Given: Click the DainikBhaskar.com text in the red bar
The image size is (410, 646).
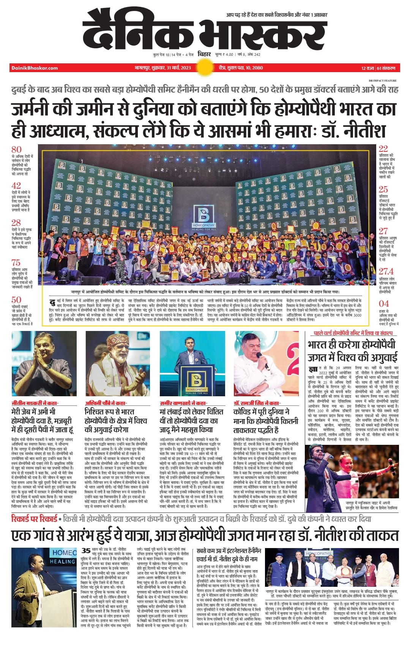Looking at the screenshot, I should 35,68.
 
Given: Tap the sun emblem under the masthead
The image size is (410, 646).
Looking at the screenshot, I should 205,68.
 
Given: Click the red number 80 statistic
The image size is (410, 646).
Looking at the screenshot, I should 16,149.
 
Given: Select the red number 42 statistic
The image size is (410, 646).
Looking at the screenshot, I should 16,186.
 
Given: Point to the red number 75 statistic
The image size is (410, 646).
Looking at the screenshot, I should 16,262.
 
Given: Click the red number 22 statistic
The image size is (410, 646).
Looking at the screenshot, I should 383,148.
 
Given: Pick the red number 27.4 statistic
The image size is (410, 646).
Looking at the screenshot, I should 386,271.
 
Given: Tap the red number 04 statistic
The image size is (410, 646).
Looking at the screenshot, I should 384,304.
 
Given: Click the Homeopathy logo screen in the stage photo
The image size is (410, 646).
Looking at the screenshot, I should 205,218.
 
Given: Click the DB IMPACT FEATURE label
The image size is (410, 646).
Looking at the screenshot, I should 382,80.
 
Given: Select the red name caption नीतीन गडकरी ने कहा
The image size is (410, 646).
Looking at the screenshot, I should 35,403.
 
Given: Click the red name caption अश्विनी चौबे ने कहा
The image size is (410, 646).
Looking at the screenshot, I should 106,403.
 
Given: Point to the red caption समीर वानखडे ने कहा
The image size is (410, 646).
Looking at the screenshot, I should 183,403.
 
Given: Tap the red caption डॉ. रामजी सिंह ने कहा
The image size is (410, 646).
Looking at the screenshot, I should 257,403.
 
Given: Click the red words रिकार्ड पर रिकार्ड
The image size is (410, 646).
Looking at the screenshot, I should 35,519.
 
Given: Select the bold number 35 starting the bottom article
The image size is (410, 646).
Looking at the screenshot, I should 86,550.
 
